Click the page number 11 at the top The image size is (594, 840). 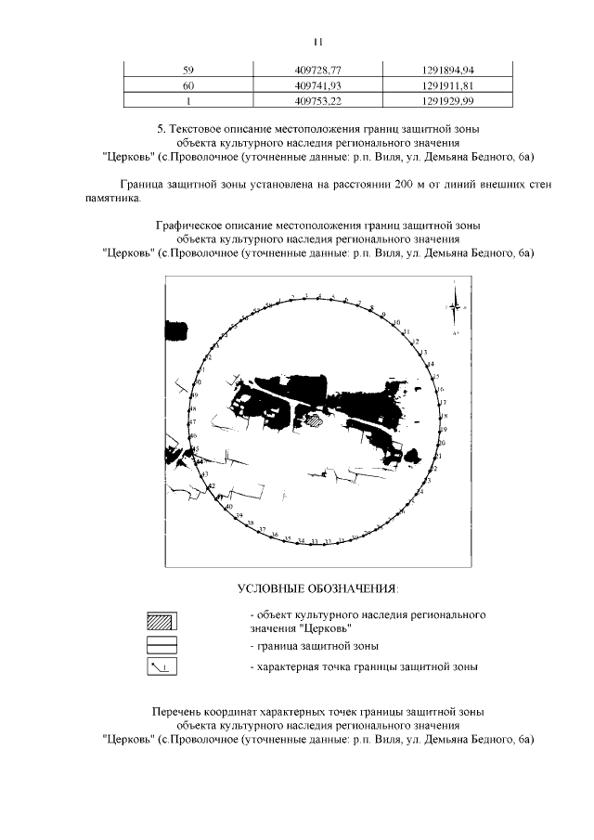tap(318, 41)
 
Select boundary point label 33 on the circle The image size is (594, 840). tap(315, 541)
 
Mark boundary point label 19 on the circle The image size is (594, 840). tap(444, 430)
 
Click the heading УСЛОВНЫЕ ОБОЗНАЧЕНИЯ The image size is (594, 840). tap(317, 588)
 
